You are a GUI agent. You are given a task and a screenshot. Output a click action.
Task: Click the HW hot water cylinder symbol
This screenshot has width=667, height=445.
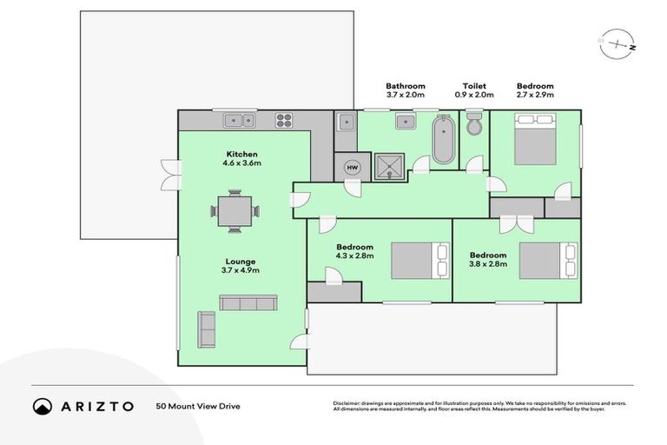point(353,167)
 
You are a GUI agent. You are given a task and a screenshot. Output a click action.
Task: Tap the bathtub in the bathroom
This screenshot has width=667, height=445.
point(443,139)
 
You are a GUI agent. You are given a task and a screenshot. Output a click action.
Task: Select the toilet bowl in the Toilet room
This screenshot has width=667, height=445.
point(474,124)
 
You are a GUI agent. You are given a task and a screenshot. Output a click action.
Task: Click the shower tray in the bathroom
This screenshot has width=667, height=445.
point(389,166)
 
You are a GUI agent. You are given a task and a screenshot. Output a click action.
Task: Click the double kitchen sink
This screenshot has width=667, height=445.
point(239,121)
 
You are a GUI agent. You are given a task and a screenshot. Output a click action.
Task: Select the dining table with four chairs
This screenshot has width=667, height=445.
point(234,211)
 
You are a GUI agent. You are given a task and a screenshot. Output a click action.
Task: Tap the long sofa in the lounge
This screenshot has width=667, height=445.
point(248,302)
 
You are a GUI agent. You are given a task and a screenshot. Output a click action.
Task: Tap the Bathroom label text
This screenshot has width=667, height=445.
point(405,86)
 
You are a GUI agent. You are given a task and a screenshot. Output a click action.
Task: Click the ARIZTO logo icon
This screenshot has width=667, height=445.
point(43,406)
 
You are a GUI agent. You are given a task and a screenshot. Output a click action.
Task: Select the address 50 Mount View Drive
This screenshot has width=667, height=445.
point(197,406)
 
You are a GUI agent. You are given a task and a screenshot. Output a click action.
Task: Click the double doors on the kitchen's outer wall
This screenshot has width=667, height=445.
point(168,174)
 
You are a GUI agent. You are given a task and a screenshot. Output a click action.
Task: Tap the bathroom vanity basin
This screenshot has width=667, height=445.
point(406,122)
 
